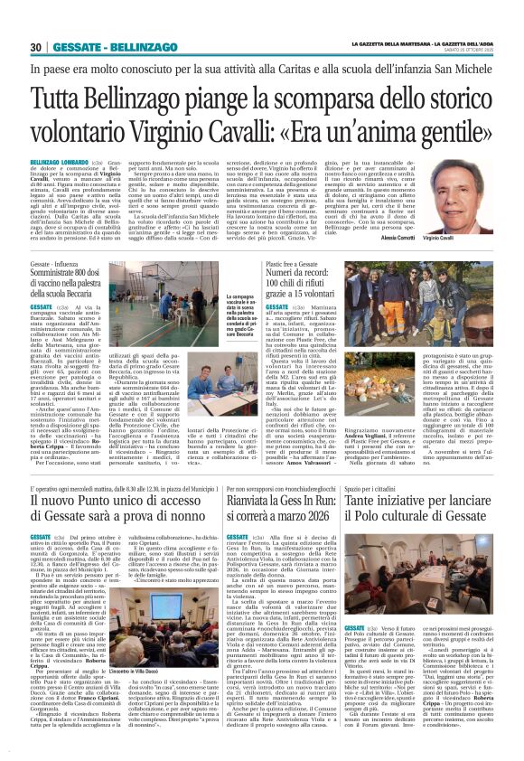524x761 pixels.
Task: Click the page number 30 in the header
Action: tap(35, 47)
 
